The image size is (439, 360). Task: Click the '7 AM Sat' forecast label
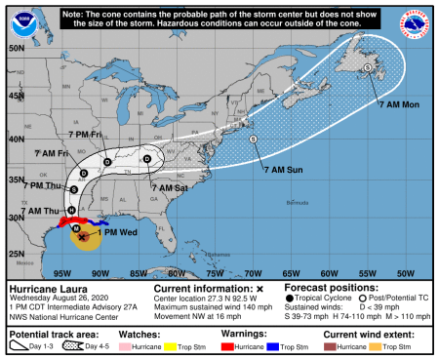coord(167,186)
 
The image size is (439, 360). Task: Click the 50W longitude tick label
coord(406,272)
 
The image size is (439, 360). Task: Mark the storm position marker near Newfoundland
coord(367,67)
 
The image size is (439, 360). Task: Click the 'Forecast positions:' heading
coord(332,290)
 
